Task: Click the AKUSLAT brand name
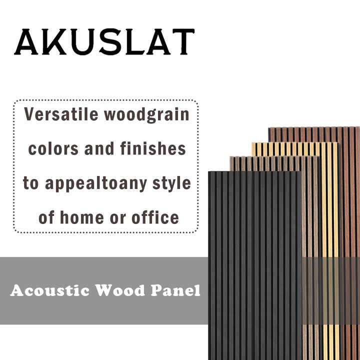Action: click(x=104, y=42)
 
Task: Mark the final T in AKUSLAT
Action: click(x=181, y=42)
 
